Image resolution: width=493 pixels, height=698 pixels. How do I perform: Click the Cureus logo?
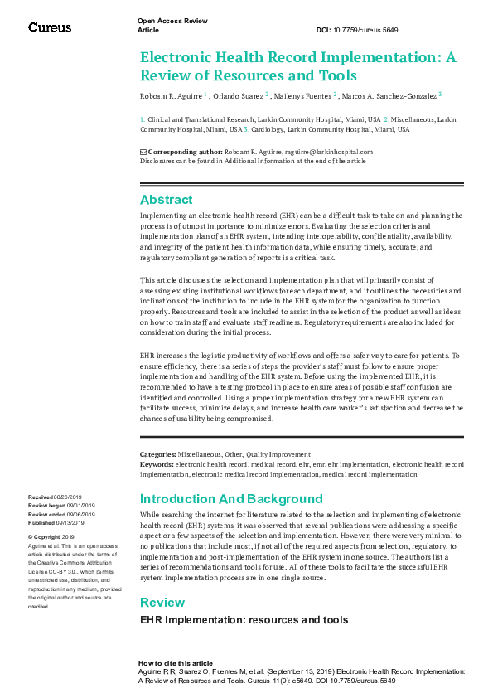(x=50, y=27)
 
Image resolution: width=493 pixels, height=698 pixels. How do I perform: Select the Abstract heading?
(x=166, y=200)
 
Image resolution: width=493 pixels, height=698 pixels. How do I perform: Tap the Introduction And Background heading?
(x=231, y=499)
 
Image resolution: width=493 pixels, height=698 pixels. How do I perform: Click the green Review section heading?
(x=162, y=602)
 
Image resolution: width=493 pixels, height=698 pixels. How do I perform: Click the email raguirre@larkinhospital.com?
(x=320, y=152)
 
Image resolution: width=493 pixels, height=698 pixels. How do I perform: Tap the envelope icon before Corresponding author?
(x=143, y=152)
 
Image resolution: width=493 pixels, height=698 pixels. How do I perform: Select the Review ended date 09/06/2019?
(x=81, y=515)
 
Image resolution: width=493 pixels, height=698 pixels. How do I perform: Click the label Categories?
(x=157, y=454)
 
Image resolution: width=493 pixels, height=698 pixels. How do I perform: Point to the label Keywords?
(x=157, y=465)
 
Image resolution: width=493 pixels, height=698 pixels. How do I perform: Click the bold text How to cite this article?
(x=175, y=663)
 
